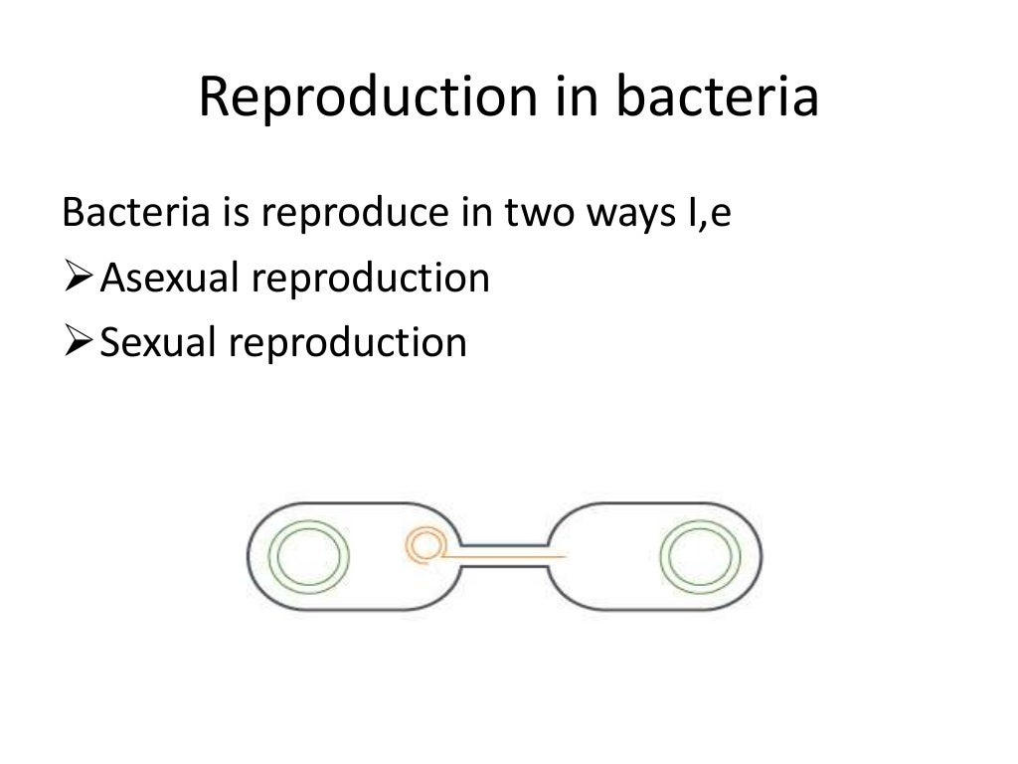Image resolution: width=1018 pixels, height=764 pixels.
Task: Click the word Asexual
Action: (171, 279)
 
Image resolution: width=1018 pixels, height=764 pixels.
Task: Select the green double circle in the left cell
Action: (311, 556)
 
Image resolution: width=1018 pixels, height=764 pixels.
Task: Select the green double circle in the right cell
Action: (702, 556)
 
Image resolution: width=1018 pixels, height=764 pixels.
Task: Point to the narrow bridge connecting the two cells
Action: (505, 555)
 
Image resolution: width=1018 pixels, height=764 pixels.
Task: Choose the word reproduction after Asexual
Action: (370, 280)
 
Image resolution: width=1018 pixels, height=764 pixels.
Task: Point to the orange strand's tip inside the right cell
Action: (566, 556)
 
